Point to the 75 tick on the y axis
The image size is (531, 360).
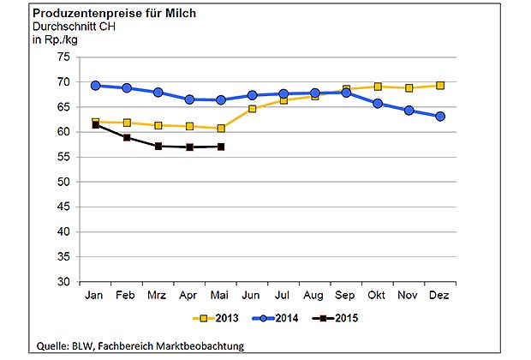click(63, 57)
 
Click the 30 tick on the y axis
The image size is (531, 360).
click(63, 281)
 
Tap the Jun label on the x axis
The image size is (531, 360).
click(252, 295)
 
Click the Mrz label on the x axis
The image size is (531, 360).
click(158, 295)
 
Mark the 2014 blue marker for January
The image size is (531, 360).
click(96, 86)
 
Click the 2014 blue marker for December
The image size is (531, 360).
click(440, 117)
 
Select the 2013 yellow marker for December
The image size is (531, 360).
click(440, 86)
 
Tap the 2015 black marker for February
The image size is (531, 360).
click(127, 137)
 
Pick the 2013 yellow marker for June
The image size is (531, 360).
click(252, 109)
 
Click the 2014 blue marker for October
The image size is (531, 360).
click(378, 104)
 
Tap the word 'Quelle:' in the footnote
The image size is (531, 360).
click(53, 345)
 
